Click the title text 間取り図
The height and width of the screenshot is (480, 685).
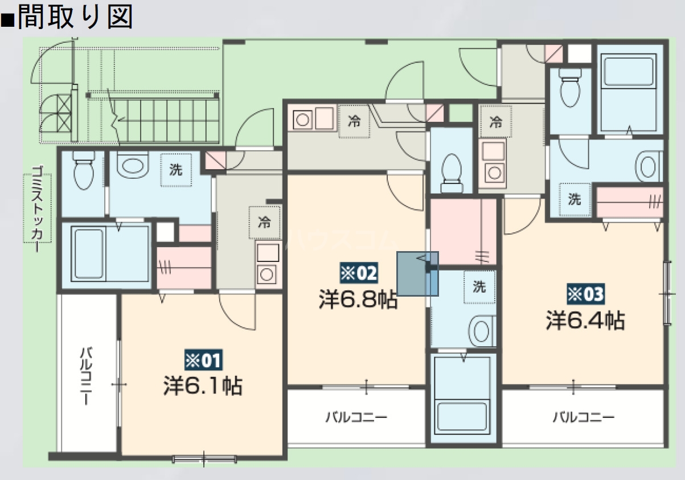[74, 17]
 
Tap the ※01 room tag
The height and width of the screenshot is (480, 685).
[202, 360]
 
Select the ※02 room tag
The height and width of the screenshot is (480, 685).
[358, 274]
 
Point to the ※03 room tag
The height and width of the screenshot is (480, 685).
[585, 294]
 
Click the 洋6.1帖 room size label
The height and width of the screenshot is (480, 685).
[202, 385]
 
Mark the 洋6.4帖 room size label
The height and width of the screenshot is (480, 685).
[585, 321]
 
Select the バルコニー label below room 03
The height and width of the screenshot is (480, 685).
[584, 418]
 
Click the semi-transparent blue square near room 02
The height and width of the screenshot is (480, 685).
[417, 274]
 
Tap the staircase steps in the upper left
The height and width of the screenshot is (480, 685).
[165, 120]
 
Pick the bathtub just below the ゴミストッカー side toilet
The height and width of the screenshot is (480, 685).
[106, 252]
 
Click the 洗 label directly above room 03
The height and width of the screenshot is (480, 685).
[574, 199]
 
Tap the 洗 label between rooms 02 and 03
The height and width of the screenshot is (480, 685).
[479, 287]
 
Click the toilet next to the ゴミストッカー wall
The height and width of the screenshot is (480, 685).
[83, 171]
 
